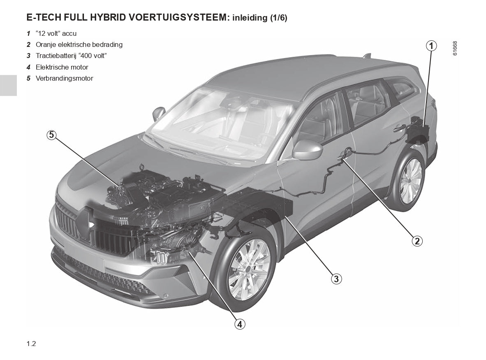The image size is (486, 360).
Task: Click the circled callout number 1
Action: (431, 46)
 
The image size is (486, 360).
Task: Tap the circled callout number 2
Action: (417, 241)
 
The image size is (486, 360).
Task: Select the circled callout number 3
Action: (336, 279)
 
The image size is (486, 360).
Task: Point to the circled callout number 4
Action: (240, 324)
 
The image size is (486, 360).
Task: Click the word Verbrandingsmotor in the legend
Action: (64, 78)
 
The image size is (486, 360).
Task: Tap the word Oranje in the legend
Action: (46, 44)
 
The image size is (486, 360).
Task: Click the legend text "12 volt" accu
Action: (56, 33)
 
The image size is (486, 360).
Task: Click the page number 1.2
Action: (31, 344)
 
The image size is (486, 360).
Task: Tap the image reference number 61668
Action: (455, 48)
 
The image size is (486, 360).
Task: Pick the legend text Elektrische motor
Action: (62, 67)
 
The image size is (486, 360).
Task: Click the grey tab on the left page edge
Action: (8, 85)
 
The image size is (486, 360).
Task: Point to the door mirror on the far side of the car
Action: (159, 112)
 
